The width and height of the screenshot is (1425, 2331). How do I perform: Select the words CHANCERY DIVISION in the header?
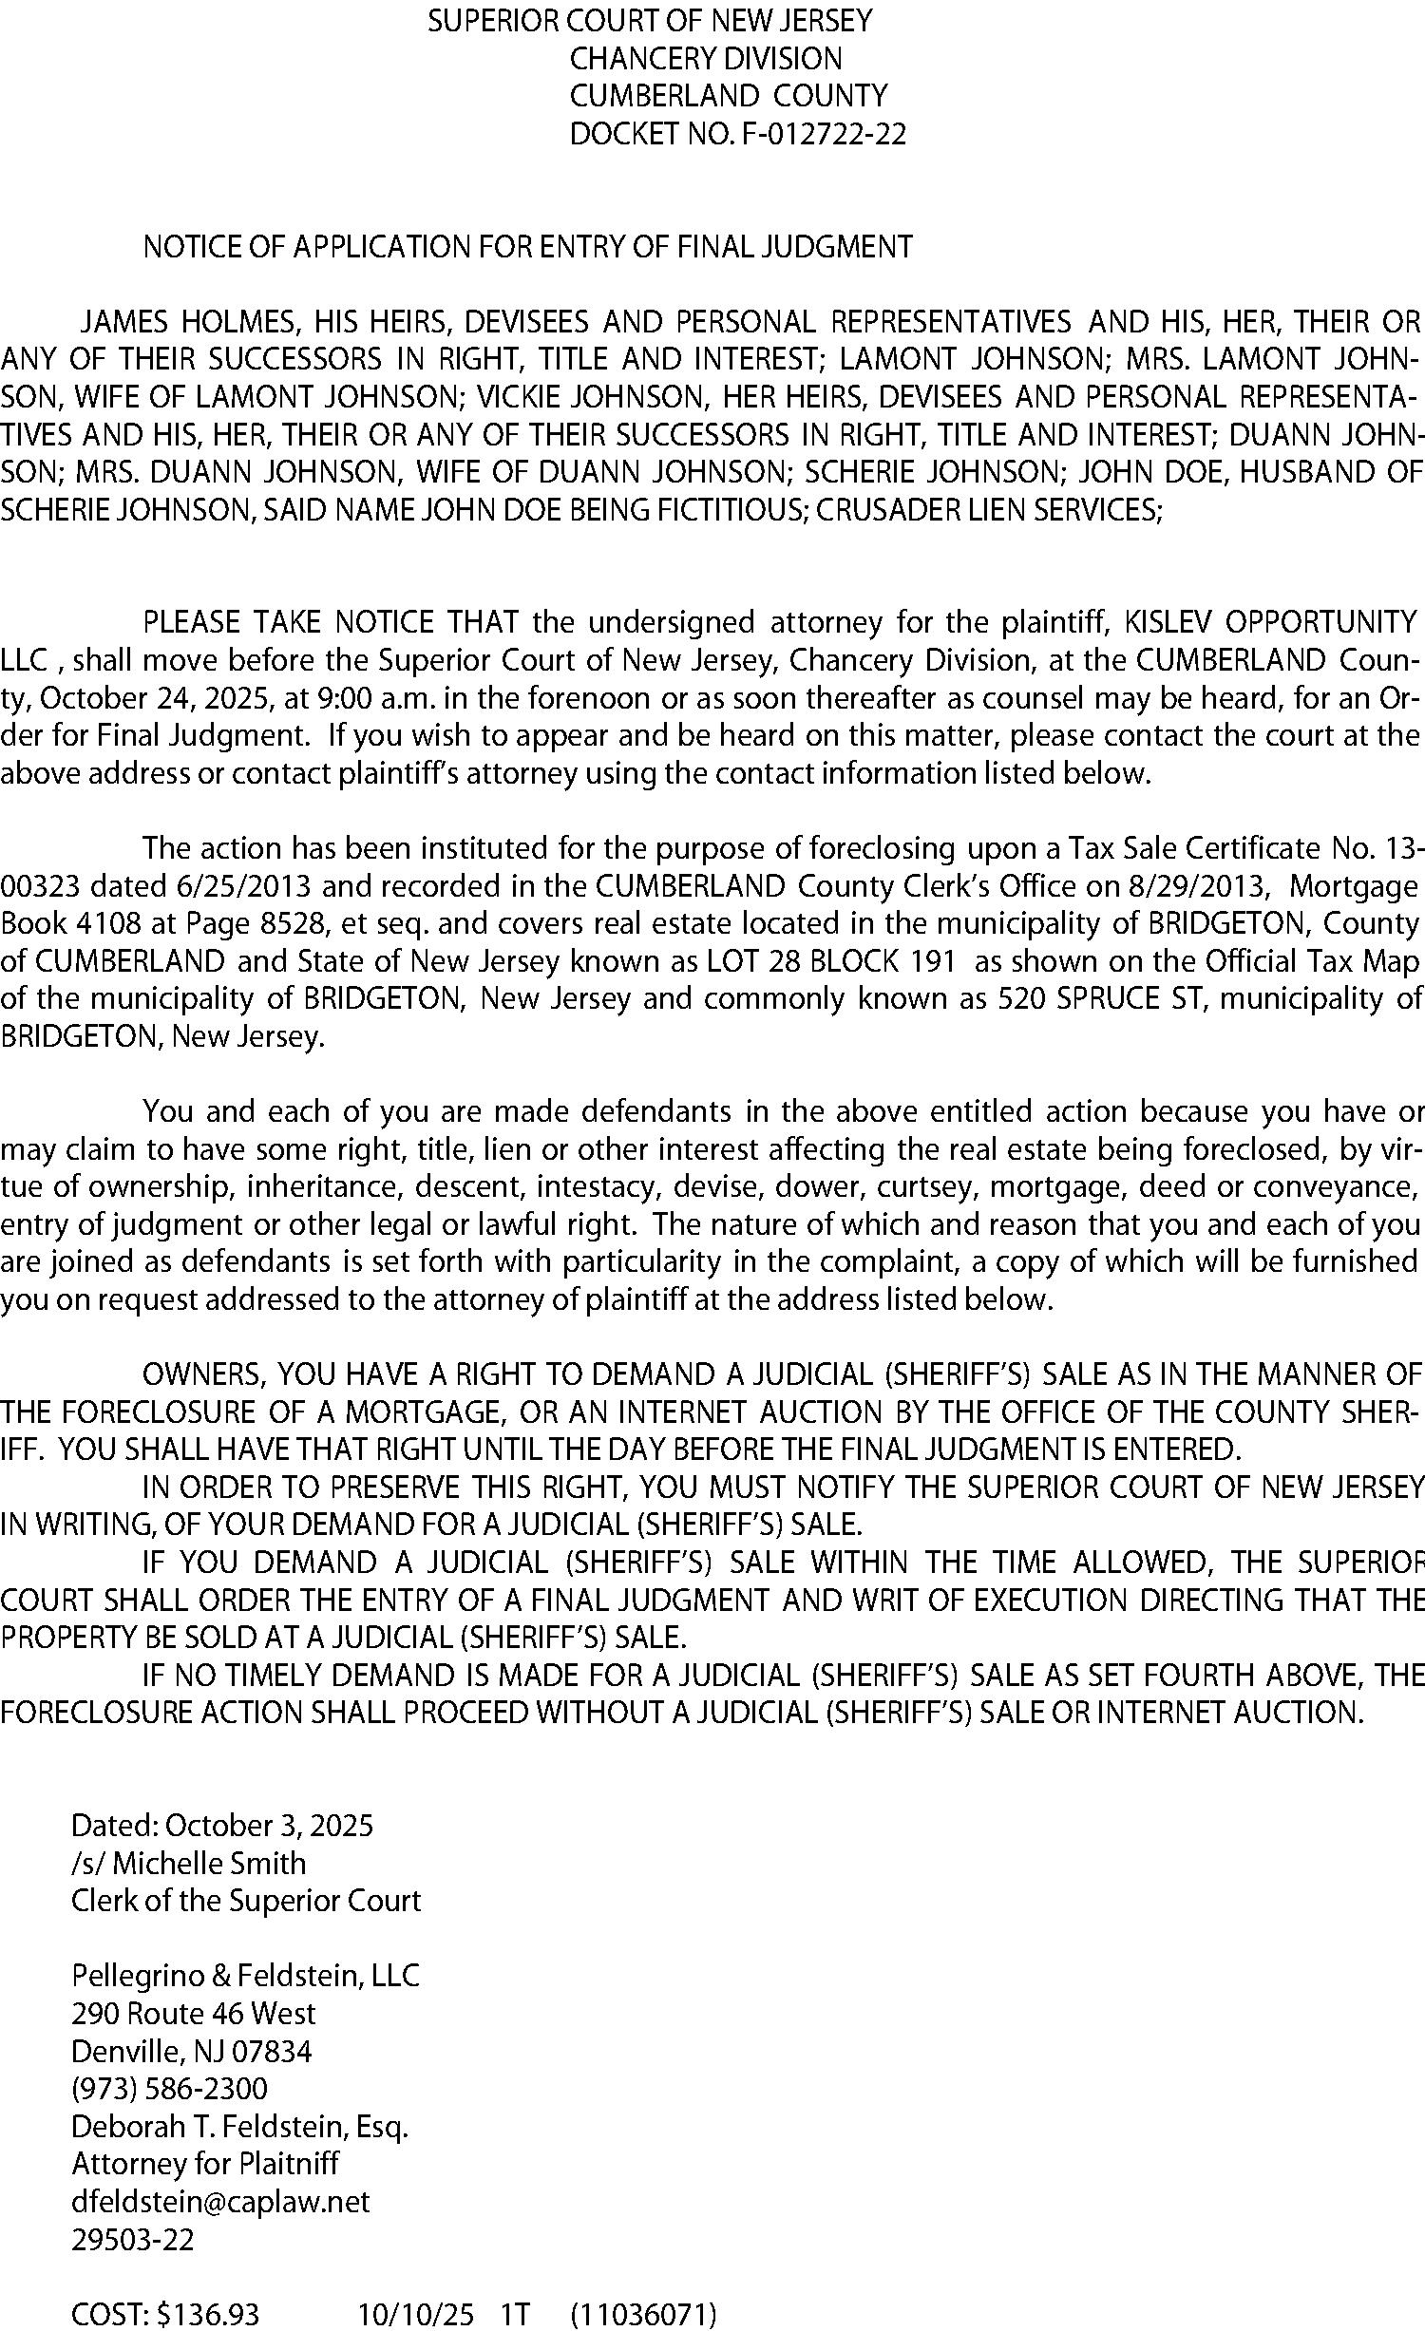point(705,59)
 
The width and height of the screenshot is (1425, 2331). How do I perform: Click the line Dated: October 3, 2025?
point(222,1826)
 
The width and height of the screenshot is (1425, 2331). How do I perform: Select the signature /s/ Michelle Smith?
point(188,1864)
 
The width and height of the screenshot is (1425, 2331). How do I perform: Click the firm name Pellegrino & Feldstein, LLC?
point(245,1976)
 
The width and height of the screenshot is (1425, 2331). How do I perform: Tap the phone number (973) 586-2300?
point(169,2089)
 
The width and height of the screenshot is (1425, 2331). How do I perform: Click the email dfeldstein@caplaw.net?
point(220,2202)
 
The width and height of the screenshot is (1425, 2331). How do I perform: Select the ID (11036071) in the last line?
point(643,2315)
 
